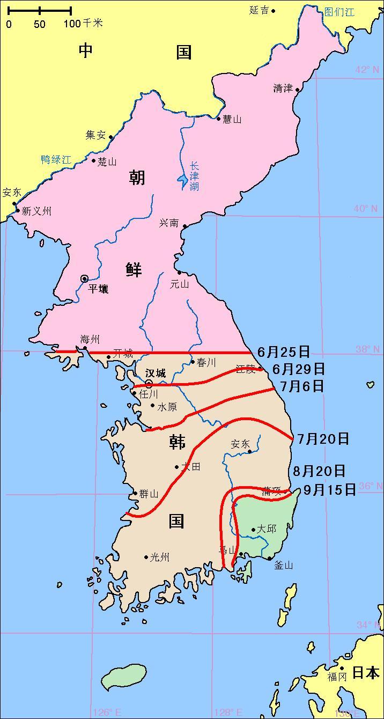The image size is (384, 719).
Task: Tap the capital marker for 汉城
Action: click(149, 384)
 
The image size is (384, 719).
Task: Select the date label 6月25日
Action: click(284, 352)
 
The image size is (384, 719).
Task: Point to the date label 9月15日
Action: click(329, 489)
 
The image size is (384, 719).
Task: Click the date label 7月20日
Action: click(323, 439)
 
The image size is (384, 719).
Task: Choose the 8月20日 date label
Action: click(319, 471)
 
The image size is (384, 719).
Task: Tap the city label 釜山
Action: click(283, 565)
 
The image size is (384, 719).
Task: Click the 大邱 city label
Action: click(267, 529)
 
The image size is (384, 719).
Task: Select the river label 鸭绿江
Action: click(56, 159)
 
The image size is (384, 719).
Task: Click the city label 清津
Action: click(283, 89)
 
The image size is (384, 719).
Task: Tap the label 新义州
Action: click(36, 211)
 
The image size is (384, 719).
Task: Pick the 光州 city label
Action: click(160, 557)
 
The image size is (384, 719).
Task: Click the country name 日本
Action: click(366, 672)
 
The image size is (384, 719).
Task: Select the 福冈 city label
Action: click(337, 677)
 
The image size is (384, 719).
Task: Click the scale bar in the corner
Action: click(40, 10)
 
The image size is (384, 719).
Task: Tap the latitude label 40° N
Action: click(366, 208)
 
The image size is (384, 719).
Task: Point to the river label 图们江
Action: click(339, 12)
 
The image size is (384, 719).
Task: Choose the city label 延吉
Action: click(260, 10)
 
